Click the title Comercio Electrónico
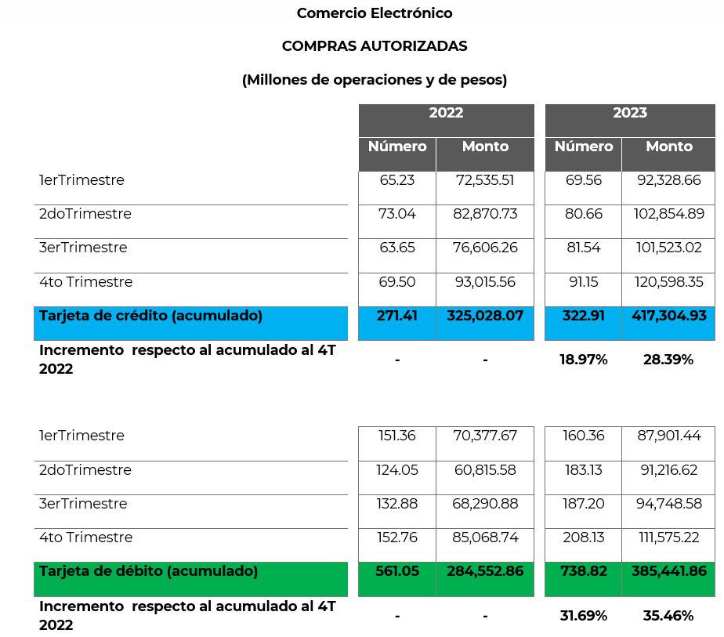point(374,13)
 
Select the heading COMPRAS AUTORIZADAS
point(374,46)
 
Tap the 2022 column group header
point(446,113)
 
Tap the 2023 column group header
point(630,113)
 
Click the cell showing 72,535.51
point(485,180)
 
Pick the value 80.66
point(583,214)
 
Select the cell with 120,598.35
point(669,282)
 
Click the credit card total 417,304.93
point(669,316)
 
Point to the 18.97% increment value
point(583,360)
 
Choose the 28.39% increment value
point(668,360)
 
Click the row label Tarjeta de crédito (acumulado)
point(150,316)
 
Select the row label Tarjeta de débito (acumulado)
point(148,571)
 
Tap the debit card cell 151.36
point(397,436)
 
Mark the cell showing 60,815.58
point(485,470)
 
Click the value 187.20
point(583,504)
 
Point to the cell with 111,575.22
point(669,537)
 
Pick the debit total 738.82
point(583,571)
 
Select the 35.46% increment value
point(668,616)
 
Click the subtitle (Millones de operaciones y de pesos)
point(374,80)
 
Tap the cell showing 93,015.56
point(485,282)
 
